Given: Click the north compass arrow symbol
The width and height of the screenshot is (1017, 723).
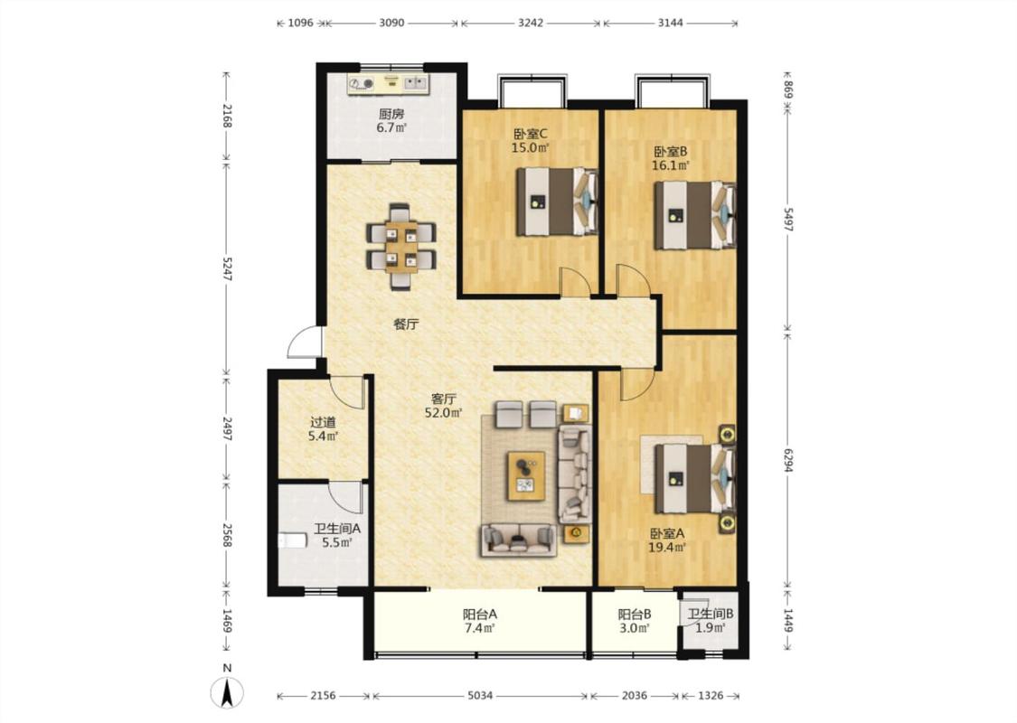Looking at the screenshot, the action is (227, 692).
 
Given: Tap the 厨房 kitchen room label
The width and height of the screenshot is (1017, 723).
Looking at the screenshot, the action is (391, 114).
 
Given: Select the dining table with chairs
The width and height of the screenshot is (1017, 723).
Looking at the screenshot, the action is (400, 247).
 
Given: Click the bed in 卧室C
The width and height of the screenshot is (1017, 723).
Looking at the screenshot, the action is (557, 202).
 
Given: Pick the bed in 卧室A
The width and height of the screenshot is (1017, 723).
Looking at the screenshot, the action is (695, 479).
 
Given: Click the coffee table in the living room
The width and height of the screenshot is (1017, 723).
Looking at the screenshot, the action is (526, 476).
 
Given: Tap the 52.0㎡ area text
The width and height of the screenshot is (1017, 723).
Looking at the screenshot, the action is (444, 413).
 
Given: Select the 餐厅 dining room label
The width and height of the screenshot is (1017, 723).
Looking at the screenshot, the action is (406, 324).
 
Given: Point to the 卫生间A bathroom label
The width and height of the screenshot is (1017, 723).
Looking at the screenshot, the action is (337, 529).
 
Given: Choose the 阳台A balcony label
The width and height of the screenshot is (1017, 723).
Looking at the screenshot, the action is (480, 614).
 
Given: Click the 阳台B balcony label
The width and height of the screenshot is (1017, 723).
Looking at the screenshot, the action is (635, 614).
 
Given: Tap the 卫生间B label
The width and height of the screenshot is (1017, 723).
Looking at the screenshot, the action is (711, 614).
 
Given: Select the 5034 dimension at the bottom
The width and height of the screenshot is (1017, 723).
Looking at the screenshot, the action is (480, 696).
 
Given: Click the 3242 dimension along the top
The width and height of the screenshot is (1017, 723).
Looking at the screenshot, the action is (531, 23).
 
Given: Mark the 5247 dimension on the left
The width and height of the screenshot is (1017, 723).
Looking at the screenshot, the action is (226, 268).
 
